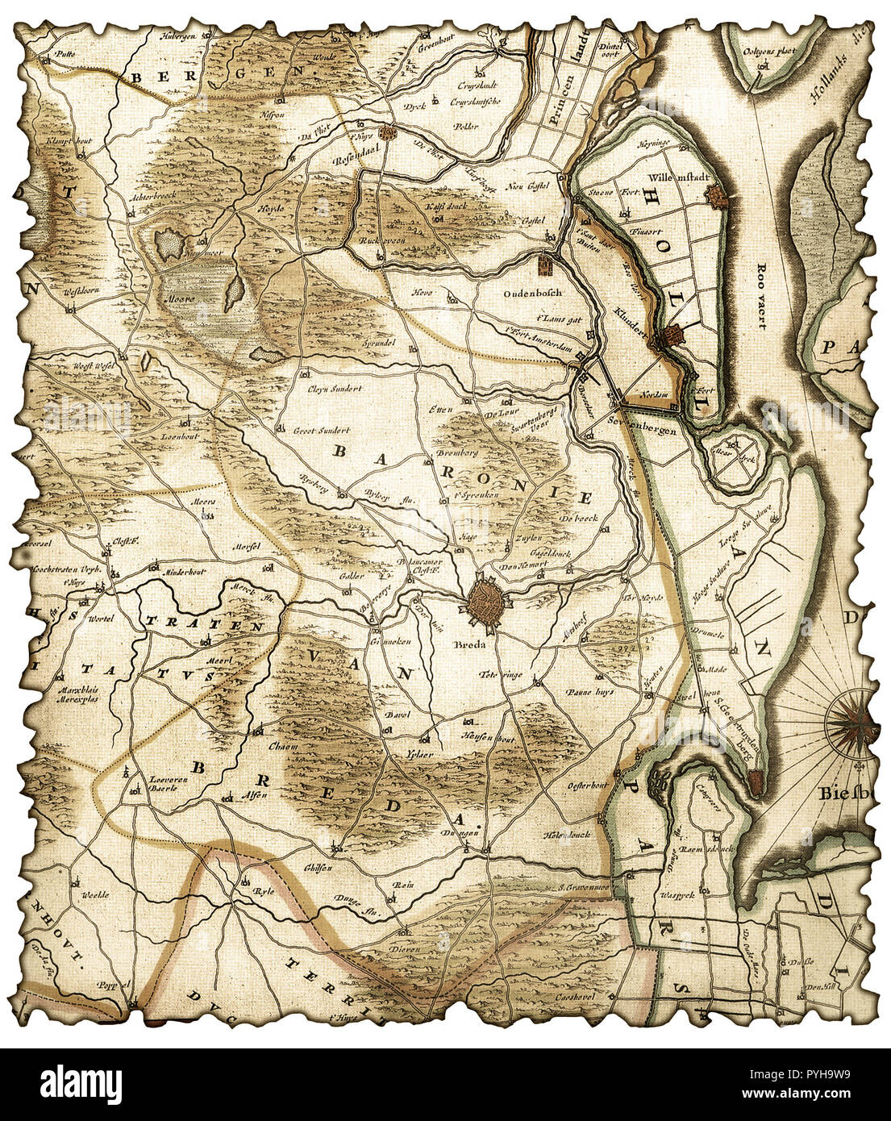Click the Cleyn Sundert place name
(x=335, y=388)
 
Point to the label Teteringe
(x=500, y=674)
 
